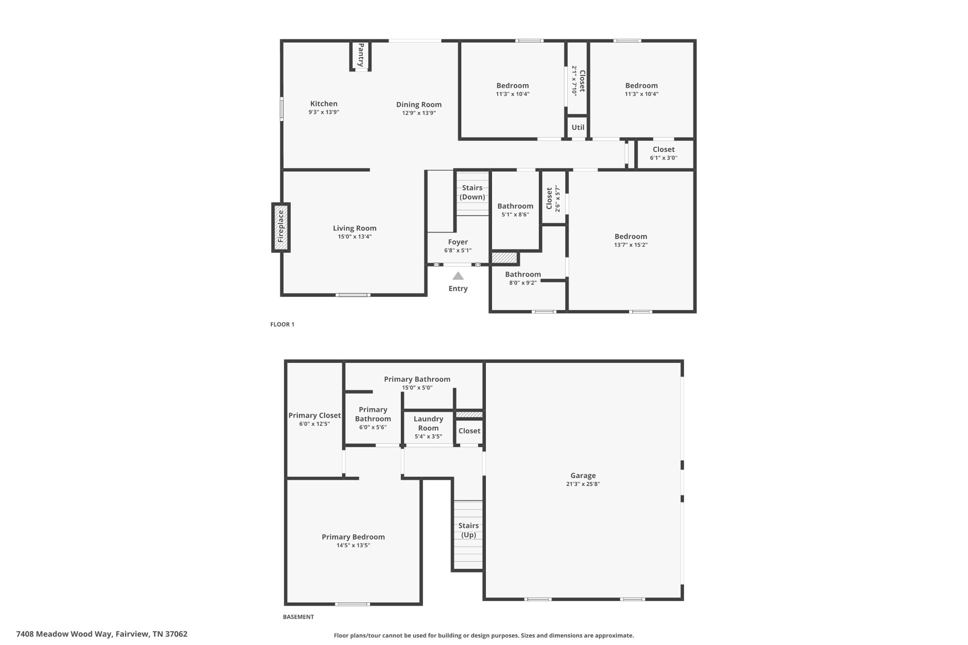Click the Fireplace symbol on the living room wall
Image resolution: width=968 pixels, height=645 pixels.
(281, 227)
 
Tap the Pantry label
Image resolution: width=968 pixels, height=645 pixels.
(361, 55)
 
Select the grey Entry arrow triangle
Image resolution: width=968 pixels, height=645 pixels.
(458, 276)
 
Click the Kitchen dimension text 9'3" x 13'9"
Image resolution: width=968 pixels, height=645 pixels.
(324, 112)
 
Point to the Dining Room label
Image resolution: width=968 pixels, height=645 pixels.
(419, 104)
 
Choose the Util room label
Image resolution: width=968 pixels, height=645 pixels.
(578, 127)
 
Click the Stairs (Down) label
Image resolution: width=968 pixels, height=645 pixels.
(472, 192)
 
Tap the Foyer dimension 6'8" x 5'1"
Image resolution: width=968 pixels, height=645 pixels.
(458, 250)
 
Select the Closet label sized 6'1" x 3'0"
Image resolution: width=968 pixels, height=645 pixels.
(664, 149)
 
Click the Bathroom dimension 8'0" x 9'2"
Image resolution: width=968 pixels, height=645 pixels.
(523, 283)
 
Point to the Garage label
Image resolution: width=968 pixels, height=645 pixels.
(583, 475)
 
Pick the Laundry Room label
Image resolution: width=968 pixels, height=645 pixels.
(428, 423)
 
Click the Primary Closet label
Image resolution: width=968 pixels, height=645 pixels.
(315, 415)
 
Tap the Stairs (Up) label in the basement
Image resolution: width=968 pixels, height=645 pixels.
(468, 530)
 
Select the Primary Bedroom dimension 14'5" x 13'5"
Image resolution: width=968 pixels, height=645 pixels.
(353, 545)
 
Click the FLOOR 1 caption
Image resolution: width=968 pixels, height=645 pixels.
(282, 324)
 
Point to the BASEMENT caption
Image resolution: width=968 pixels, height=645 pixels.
(298, 617)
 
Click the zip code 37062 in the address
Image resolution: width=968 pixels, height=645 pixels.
(176, 634)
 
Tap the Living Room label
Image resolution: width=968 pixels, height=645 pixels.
(354, 228)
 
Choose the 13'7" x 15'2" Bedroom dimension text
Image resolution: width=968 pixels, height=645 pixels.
(631, 245)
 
